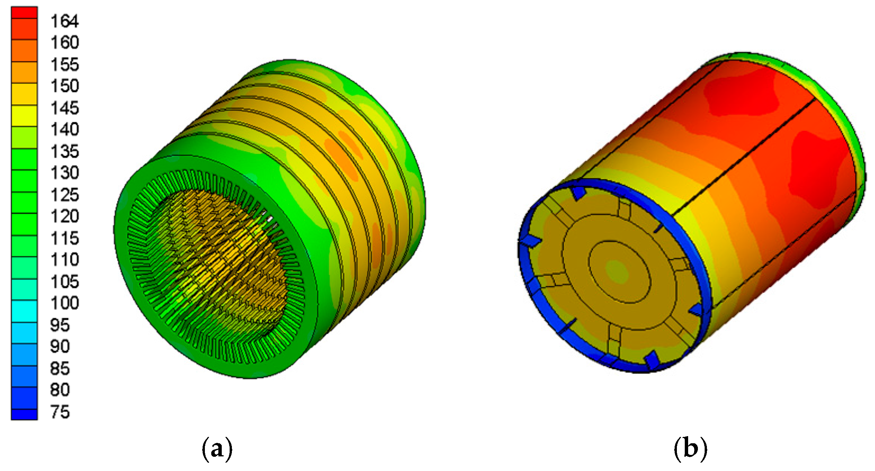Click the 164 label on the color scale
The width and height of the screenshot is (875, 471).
65,21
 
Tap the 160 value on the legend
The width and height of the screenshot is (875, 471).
65,42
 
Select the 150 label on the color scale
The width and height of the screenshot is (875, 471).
65,86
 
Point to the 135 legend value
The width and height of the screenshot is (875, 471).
65,151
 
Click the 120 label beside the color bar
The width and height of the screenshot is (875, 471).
65,216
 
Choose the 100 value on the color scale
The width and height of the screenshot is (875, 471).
65,303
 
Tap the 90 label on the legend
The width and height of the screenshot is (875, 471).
60,346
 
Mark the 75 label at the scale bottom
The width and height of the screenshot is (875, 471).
60,412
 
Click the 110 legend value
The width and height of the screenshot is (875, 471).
65,259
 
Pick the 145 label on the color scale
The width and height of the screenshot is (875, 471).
65,108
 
